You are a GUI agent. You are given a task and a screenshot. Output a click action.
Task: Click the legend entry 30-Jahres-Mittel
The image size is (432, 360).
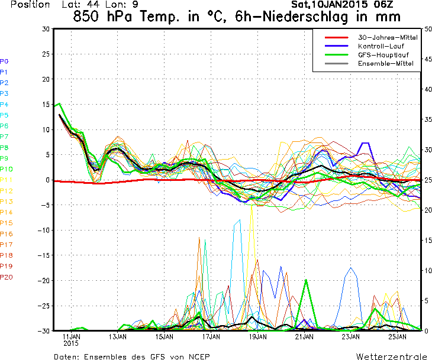point(387,37)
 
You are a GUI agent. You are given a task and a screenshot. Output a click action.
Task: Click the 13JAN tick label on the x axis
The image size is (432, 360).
point(118,337)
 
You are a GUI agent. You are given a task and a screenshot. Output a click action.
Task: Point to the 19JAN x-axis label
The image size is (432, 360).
point(257,337)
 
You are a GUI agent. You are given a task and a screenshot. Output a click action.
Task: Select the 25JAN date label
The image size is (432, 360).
point(397,337)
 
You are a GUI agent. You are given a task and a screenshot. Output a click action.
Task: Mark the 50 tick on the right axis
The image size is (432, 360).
point(427,28)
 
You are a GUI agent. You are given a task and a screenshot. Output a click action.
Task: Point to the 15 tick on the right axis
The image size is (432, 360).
point(427,240)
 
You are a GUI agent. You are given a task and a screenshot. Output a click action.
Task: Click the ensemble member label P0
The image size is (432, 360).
point(4,61)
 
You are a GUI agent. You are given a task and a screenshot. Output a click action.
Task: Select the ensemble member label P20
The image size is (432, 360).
point(6,277)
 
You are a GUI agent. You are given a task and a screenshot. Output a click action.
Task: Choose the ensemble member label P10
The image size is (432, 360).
point(6,169)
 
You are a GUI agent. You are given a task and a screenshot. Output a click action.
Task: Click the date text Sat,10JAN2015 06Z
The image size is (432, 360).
point(338,4)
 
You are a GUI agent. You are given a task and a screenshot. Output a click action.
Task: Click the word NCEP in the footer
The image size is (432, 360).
point(198,356)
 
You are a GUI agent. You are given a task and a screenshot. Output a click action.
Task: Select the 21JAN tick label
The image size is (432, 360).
point(304,337)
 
